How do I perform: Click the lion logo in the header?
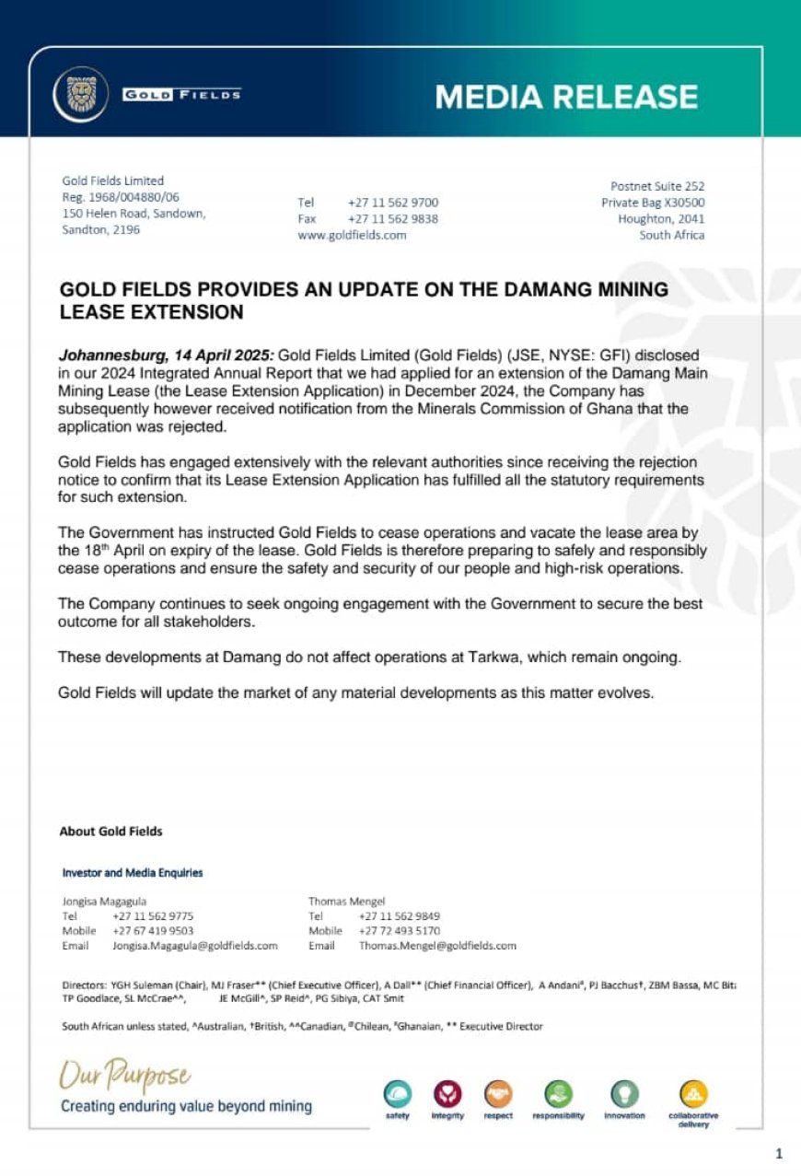click(x=81, y=95)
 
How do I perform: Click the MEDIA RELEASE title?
click(x=566, y=97)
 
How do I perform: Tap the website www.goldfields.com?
click(x=352, y=235)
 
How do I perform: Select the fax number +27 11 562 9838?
click(x=393, y=219)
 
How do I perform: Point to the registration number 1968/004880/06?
click(x=133, y=197)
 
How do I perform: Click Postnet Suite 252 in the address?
click(x=657, y=186)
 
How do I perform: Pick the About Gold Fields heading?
click(x=110, y=832)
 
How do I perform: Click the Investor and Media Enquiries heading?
click(x=133, y=872)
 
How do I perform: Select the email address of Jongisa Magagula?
click(x=194, y=946)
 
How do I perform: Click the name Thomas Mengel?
click(x=346, y=902)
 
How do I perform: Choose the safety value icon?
click(x=398, y=1094)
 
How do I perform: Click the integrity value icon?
click(x=447, y=1094)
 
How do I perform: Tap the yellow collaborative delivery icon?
click(x=693, y=1094)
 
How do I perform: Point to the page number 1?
click(x=779, y=1153)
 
